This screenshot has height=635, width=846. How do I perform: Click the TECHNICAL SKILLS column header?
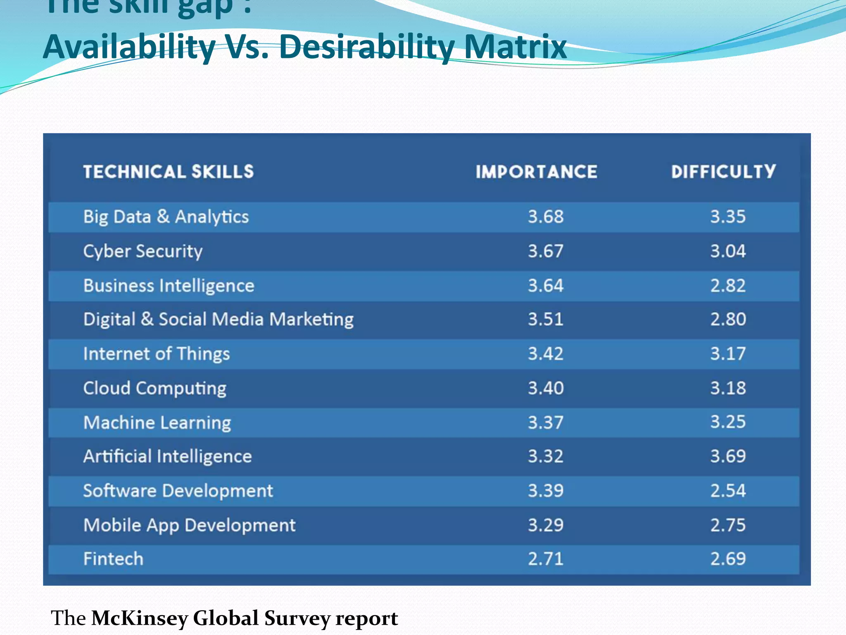point(169,172)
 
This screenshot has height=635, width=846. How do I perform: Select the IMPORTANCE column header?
point(536,172)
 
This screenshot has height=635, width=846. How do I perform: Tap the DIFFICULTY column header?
point(723,172)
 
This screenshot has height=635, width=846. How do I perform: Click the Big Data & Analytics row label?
point(166,217)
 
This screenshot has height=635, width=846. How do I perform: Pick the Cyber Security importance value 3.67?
point(545,251)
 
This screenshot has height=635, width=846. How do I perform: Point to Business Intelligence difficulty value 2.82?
point(728,286)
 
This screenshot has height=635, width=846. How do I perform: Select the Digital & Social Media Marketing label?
point(218,320)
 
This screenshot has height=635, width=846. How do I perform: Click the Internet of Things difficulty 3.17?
point(728,354)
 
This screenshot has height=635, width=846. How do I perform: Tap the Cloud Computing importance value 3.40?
point(545,388)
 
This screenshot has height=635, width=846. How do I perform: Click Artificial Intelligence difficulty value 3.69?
point(728,456)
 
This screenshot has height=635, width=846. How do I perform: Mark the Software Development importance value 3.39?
point(545,491)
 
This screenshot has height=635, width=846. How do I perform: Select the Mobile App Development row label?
point(189,525)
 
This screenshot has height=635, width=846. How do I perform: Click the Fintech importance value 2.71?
point(545,559)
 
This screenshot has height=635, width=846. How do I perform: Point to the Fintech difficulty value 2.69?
point(728,559)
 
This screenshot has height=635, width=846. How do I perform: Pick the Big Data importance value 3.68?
point(545,217)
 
